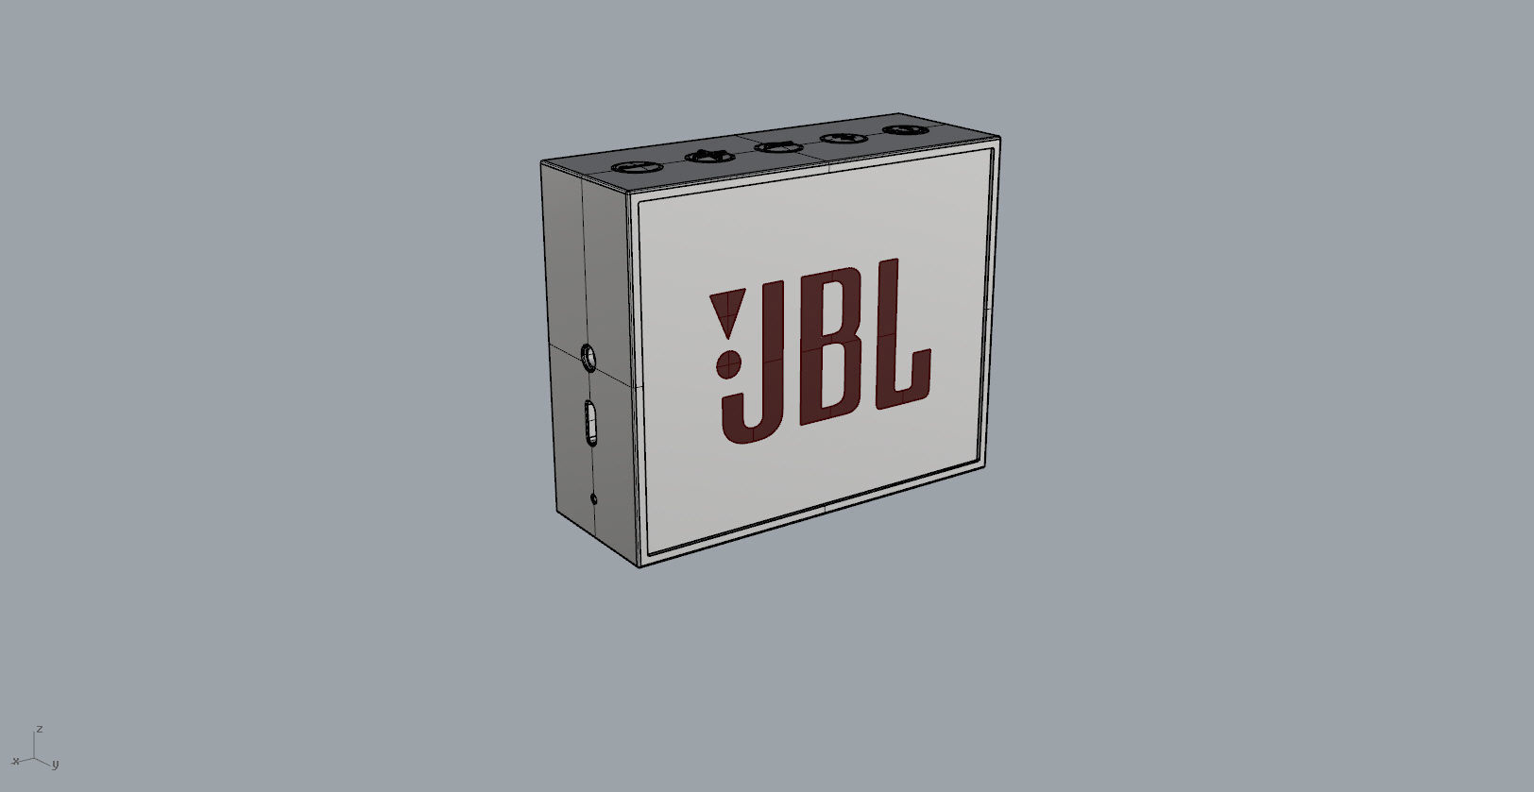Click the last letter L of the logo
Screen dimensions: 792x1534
click(897, 349)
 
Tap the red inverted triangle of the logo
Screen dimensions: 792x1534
click(725, 312)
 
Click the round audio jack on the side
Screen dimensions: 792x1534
click(589, 358)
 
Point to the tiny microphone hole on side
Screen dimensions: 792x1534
click(593, 498)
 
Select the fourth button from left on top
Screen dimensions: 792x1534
click(843, 139)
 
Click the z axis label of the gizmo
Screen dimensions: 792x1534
click(39, 730)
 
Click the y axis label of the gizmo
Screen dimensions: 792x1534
click(55, 764)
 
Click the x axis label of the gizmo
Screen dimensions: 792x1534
click(15, 760)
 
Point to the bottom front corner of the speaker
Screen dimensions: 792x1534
click(639, 565)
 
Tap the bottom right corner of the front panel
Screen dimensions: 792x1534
click(985, 464)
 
